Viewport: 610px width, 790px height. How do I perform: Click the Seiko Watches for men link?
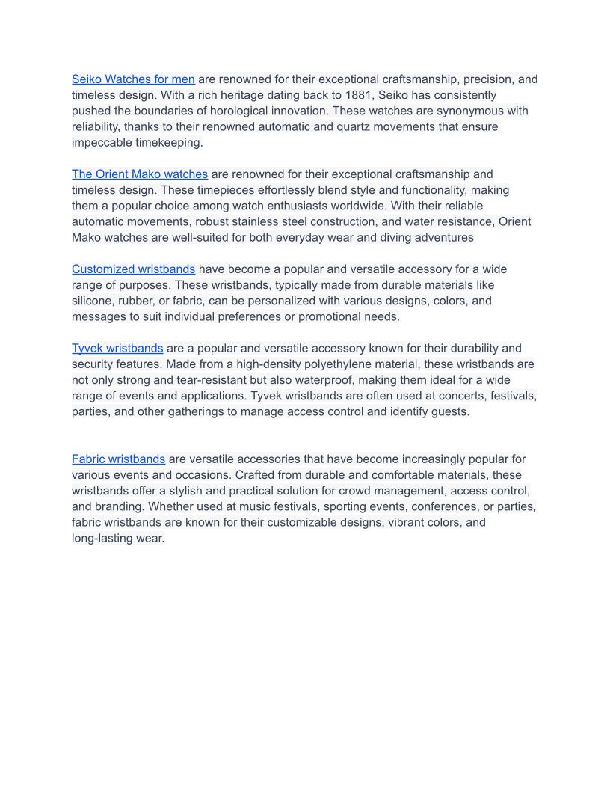point(133,79)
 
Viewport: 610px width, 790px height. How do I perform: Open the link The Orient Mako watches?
point(140,174)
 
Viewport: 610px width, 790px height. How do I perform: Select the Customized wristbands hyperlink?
point(133,269)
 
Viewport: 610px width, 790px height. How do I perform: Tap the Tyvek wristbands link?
point(117,349)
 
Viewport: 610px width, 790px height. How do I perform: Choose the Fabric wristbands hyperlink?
point(118,459)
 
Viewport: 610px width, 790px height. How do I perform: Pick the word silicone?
point(93,301)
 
